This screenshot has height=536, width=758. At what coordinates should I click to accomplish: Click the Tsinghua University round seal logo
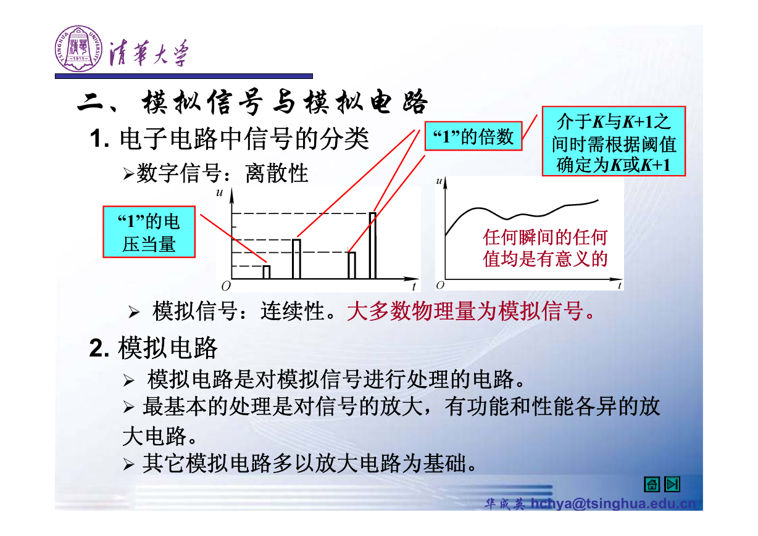(x=78, y=48)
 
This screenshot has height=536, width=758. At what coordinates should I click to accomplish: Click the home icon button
(x=652, y=484)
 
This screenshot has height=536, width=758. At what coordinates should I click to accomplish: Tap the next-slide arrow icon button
(x=672, y=484)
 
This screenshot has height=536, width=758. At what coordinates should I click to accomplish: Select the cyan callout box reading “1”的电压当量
(x=149, y=232)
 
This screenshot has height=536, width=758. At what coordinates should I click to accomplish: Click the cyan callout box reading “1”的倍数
(x=473, y=136)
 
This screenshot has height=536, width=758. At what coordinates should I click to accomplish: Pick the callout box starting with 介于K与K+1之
(x=614, y=141)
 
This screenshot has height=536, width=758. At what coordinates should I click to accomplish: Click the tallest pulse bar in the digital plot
(x=373, y=245)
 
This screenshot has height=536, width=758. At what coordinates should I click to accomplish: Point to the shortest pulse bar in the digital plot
(x=267, y=272)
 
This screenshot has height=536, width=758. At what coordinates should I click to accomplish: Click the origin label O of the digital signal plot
(x=226, y=286)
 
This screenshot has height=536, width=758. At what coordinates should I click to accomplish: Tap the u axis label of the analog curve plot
(x=439, y=181)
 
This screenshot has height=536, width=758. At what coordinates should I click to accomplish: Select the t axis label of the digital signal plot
(x=414, y=287)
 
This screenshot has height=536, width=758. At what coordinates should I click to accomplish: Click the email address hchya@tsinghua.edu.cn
(x=613, y=503)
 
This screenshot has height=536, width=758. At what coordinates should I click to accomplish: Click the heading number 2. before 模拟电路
(x=99, y=348)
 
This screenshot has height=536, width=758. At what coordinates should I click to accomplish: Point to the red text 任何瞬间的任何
(x=545, y=237)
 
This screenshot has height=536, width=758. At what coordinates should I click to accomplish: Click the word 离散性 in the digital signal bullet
(x=277, y=173)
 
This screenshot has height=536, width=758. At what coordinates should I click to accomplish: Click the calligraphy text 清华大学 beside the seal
(x=149, y=53)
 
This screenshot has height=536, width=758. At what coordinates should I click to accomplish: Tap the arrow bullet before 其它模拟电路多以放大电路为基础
(x=128, y=464)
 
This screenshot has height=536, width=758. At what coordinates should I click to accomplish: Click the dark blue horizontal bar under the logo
(x=184, y=76)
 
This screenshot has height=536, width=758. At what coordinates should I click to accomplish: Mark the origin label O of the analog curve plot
(x=440, y=286)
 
